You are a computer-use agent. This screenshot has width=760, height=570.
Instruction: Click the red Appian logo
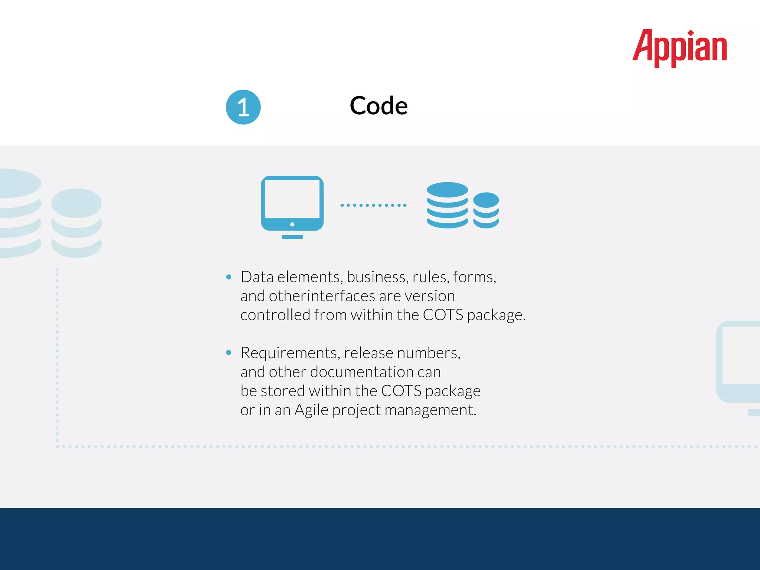(x=679, y=48)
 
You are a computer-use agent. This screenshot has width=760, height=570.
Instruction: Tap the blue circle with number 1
(x=243, y=107)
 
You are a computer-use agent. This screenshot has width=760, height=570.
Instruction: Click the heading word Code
(x=379, y=106)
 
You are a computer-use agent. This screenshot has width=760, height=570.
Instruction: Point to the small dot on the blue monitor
(x=292, y=225)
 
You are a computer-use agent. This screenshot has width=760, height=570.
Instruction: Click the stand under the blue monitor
(x=292, y=237)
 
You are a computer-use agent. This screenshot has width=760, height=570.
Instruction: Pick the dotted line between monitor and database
(x=373, y=205)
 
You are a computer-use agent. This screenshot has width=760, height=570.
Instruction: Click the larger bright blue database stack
(x=447, y=205)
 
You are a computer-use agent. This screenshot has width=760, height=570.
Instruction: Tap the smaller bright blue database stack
(x=486, y=210)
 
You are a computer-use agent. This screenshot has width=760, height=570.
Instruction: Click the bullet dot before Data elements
(x=229, y=277)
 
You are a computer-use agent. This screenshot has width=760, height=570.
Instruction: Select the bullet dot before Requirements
(x=229, y=353)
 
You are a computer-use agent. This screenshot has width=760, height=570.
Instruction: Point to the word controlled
(x=275, y=315)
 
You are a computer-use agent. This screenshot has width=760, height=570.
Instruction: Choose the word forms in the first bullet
(x=474, y=277)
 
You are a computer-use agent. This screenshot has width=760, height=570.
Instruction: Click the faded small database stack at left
(x=76, y=223)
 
